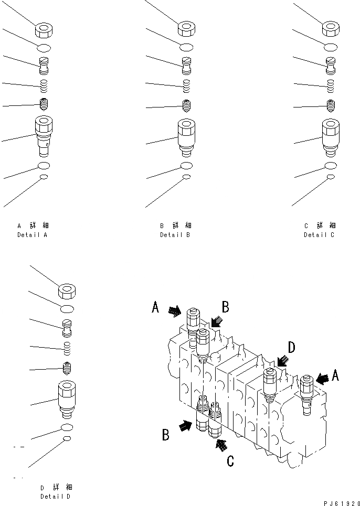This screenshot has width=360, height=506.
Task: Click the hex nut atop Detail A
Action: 44,30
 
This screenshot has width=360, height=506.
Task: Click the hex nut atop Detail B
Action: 186,29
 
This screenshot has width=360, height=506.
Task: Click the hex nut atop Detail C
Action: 331,29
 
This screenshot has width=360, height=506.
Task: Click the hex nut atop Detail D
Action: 68,289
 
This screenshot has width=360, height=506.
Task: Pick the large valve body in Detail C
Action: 331,135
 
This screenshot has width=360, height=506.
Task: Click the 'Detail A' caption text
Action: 32,235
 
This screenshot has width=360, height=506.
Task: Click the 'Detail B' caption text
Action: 175,235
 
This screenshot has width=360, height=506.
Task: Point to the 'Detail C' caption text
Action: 319,235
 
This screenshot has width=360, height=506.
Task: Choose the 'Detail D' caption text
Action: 55,496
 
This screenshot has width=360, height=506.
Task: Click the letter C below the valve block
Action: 230,461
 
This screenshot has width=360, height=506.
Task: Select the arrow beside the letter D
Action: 282,360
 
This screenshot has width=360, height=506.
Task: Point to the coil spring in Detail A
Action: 45,85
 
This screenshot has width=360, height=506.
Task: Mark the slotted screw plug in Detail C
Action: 331,64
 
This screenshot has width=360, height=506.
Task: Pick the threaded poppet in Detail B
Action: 186,104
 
